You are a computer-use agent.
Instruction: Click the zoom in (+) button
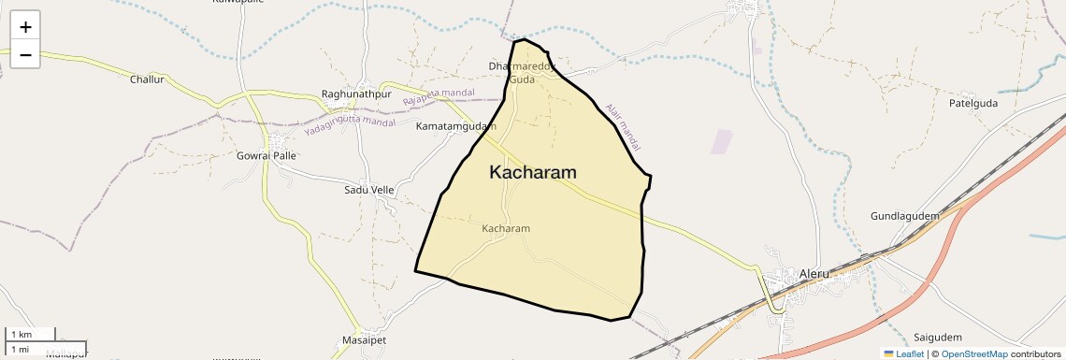coord(25,27)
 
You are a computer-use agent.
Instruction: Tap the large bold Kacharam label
coord(532,172)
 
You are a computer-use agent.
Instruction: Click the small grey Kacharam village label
coord(506,228)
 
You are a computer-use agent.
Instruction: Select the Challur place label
coord(147,79)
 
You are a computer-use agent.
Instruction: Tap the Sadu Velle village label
coord(369,190)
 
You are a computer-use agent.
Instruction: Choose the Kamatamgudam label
coord(455,125)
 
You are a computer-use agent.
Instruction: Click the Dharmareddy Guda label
coord(523,73)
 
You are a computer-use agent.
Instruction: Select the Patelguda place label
coord(973,103)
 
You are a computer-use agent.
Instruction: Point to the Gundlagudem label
coord(904,216)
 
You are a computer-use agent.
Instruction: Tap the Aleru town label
coord(814,273)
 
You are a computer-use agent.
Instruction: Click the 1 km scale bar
coord(31,334)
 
